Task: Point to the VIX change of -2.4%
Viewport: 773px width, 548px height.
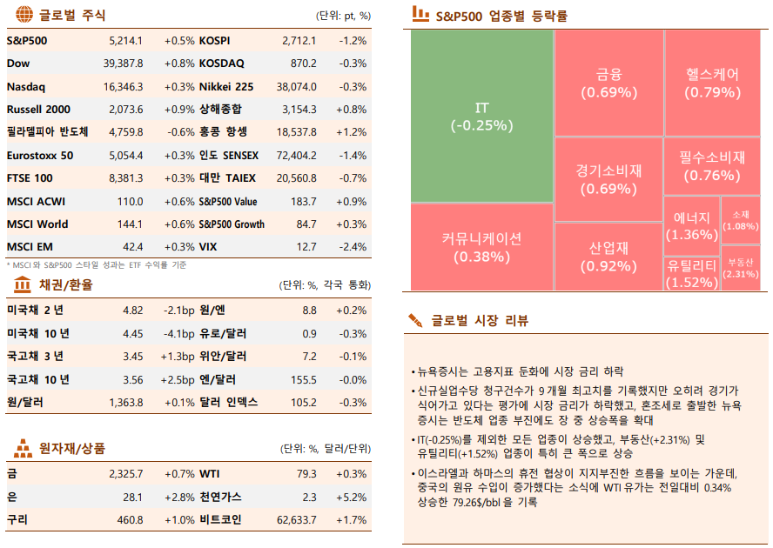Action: click(353, 247)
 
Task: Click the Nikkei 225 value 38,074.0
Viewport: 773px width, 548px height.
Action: click(296, 86)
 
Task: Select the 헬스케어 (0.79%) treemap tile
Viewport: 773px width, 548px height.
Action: click(712, 83)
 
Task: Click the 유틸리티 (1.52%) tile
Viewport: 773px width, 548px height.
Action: click(691, 273)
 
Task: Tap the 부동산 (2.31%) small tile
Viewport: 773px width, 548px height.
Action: click(740, 268)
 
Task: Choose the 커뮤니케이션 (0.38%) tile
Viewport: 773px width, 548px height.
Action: click(481, 247)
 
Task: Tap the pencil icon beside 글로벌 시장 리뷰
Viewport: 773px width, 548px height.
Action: click(417, 321)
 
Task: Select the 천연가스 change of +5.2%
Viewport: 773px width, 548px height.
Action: click(352, 497)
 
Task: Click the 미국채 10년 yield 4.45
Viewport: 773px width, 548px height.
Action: click(132, 333)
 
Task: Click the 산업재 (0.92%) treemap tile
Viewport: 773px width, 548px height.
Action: click(608, 257)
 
